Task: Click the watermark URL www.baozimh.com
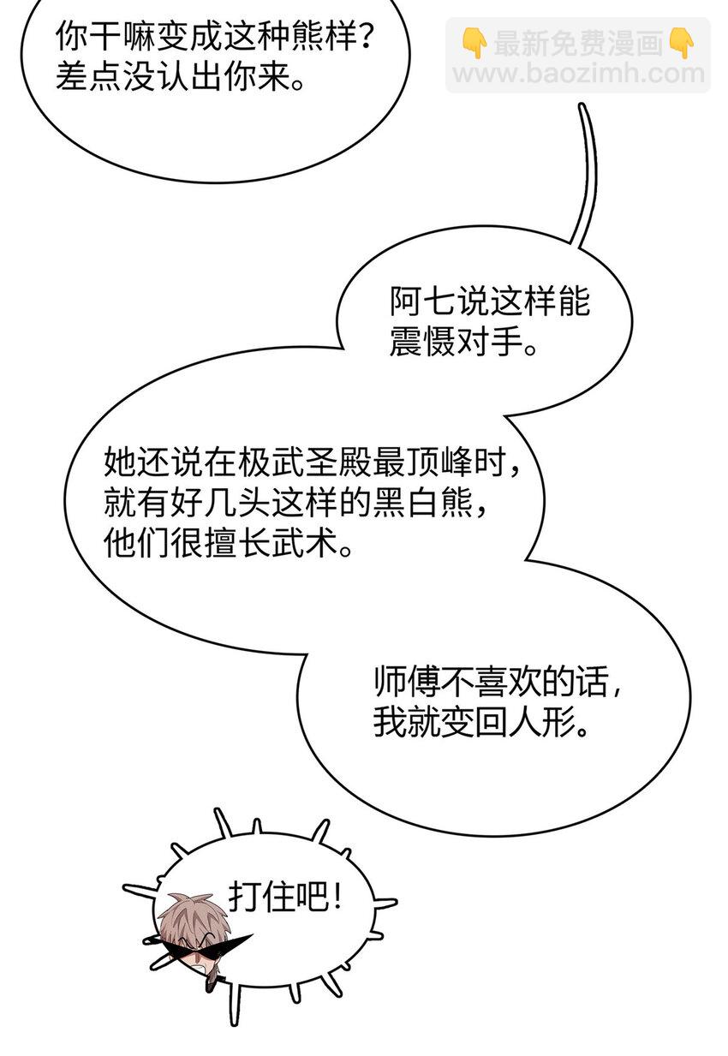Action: point(578,73)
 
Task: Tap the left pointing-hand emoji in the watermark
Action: point(474,43)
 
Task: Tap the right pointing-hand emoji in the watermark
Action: point(681,43)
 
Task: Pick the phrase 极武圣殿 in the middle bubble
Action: point(305,462)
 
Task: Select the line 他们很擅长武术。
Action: point(228,543)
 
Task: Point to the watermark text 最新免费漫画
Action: point(578,43)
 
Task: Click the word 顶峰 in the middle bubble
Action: point(439,462)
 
